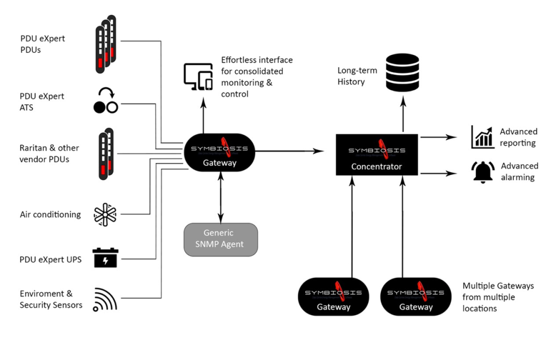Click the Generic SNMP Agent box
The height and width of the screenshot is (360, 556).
220,239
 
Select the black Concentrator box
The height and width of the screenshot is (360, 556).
377,154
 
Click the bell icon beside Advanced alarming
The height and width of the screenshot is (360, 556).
483,172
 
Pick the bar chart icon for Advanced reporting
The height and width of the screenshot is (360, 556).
483,137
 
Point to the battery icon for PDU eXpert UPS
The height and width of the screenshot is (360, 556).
105,257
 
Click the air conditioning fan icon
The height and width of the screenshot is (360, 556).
105,214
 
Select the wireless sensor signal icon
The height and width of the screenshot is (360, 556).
105,300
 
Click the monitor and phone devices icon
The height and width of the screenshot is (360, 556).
198,76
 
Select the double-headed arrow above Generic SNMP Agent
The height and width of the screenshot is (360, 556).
220,197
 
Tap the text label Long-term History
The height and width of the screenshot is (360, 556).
357,76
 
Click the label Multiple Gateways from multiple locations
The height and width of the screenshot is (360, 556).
498,297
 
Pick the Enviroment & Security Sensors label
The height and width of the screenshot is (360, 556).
51,299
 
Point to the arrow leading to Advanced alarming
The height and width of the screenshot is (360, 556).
438,173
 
